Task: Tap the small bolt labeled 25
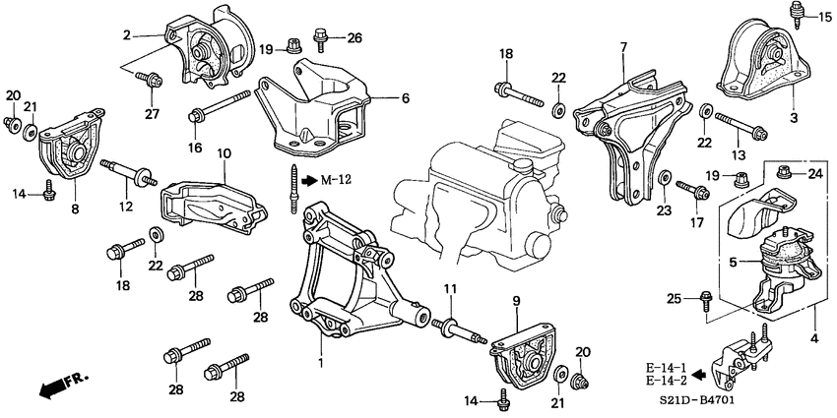pyautogui.click(x=707, y=298)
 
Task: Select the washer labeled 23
pyautogui.click(x=666, y=181)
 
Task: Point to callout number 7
pyautogui.click(x=623, y=47)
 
